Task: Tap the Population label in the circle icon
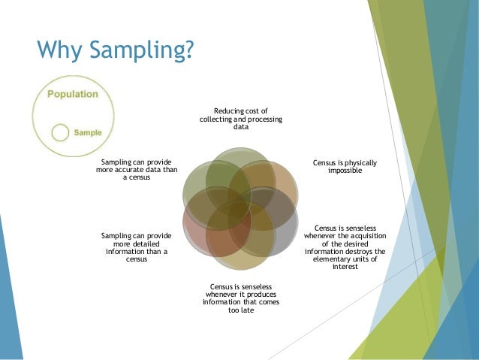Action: point(73,95)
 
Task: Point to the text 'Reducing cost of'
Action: point(240,110)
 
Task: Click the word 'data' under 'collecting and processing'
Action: point(240,128)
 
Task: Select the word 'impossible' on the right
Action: point(345,171)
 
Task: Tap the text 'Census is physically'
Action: point(345,162)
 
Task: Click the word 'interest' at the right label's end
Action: point(345,267)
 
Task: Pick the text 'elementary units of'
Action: point(345,259)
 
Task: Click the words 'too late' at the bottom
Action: point(240,310)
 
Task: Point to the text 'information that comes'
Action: point(240,302)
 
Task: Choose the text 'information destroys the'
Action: point(345,251)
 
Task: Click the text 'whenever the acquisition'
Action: point(345,235)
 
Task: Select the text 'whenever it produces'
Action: point(240,294)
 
